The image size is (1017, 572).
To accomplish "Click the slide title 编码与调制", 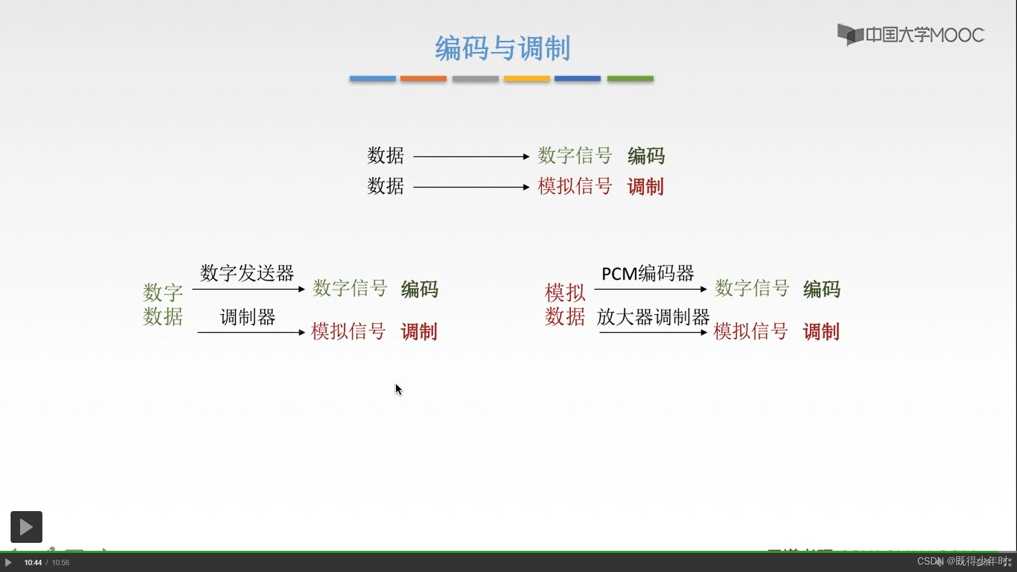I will coord(502,48).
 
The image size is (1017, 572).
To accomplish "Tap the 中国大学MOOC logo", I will coord(911,35).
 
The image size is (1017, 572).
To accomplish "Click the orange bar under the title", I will coord(423,78).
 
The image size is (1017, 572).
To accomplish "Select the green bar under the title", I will coord(630,78).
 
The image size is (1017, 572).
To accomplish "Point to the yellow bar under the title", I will coord(527,78).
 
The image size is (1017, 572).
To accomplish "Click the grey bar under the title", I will coord(475,78).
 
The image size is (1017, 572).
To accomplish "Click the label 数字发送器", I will coord(247,273).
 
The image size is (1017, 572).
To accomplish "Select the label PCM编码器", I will coord(647,273).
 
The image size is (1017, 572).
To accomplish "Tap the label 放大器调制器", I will coord(653,317).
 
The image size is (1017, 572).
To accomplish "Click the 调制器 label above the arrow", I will coord(247,317).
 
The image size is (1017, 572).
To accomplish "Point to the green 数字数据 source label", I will coord(163,305).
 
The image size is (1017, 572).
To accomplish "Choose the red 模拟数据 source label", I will coord(565,305).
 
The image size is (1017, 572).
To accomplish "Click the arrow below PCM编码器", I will coord(650,289).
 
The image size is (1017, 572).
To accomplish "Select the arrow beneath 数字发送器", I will coord(248,289).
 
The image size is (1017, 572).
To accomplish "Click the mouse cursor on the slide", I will coord(398,389).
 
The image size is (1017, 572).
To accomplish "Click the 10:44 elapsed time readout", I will coord(33,562).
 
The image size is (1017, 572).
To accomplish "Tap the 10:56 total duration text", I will coord(60,562).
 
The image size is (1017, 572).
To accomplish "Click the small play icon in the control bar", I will coord(8,562).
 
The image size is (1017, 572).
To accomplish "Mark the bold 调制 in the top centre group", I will coord(645,186).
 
